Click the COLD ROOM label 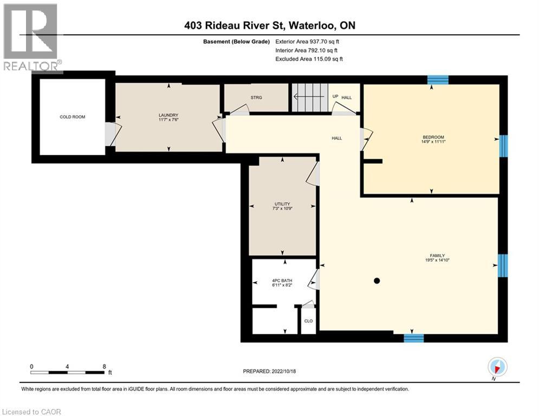point(72,117)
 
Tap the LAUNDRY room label point(168,115)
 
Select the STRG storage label point(256,97)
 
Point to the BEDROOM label point(433,137)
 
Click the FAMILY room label point(437,256)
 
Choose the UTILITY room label point(282,204)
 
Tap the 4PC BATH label point(282,281)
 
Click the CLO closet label point(308,321)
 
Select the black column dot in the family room point(376,281)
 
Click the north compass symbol point(497,367)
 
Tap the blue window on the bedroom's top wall point(438,80)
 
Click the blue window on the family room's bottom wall point(413,338)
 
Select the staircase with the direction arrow point(310,97)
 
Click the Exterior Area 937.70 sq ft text point(307,42)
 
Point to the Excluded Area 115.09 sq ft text point(309,59)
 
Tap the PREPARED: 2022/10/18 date point(270,371)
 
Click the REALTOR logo point(31,38)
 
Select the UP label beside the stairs point(335,96)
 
